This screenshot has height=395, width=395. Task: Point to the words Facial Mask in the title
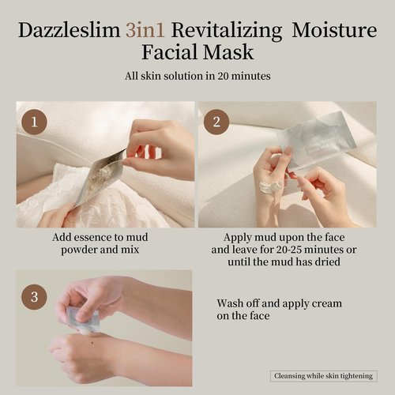197,54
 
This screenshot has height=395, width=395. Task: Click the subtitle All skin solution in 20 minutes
197,77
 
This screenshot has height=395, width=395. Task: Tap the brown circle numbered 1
33,122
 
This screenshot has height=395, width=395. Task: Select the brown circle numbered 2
216,122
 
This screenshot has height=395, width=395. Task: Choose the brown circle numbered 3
33,297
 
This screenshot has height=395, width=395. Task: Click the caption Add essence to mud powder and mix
100,243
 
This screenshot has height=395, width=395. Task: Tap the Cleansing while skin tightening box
322,376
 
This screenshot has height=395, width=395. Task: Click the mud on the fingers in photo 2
270,186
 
